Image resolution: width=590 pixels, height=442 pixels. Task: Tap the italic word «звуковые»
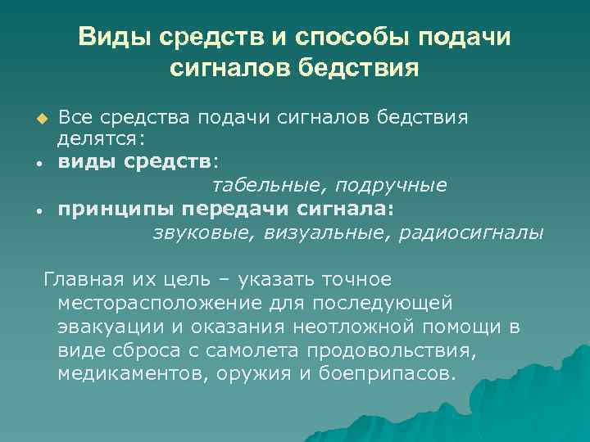(205, 232)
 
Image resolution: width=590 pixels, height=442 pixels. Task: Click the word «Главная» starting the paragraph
(85, 281)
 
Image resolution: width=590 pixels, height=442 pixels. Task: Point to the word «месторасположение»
(161, 304)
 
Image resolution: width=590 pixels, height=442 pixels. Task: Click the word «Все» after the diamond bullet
(76, 117)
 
